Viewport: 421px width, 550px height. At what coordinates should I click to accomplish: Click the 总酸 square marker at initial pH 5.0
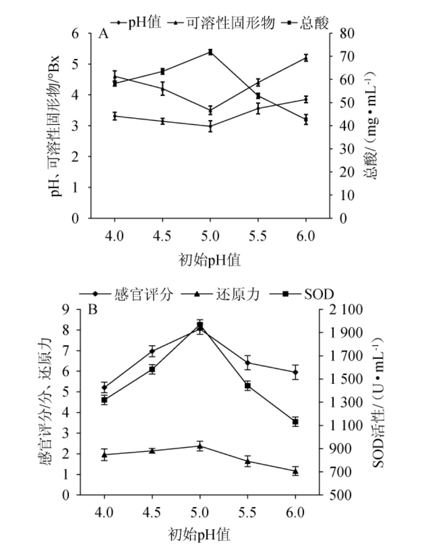pos(210,52)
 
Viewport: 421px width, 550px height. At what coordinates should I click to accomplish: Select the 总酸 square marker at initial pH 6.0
pos(306,119)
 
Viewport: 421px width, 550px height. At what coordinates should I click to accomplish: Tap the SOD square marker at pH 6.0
pos(295,422)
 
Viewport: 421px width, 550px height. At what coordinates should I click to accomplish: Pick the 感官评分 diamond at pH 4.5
pos(152,351)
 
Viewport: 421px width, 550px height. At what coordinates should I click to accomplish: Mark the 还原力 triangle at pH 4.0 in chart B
pos(105,454)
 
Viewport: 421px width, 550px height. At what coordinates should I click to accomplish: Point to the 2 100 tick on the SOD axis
pos(347,310)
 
